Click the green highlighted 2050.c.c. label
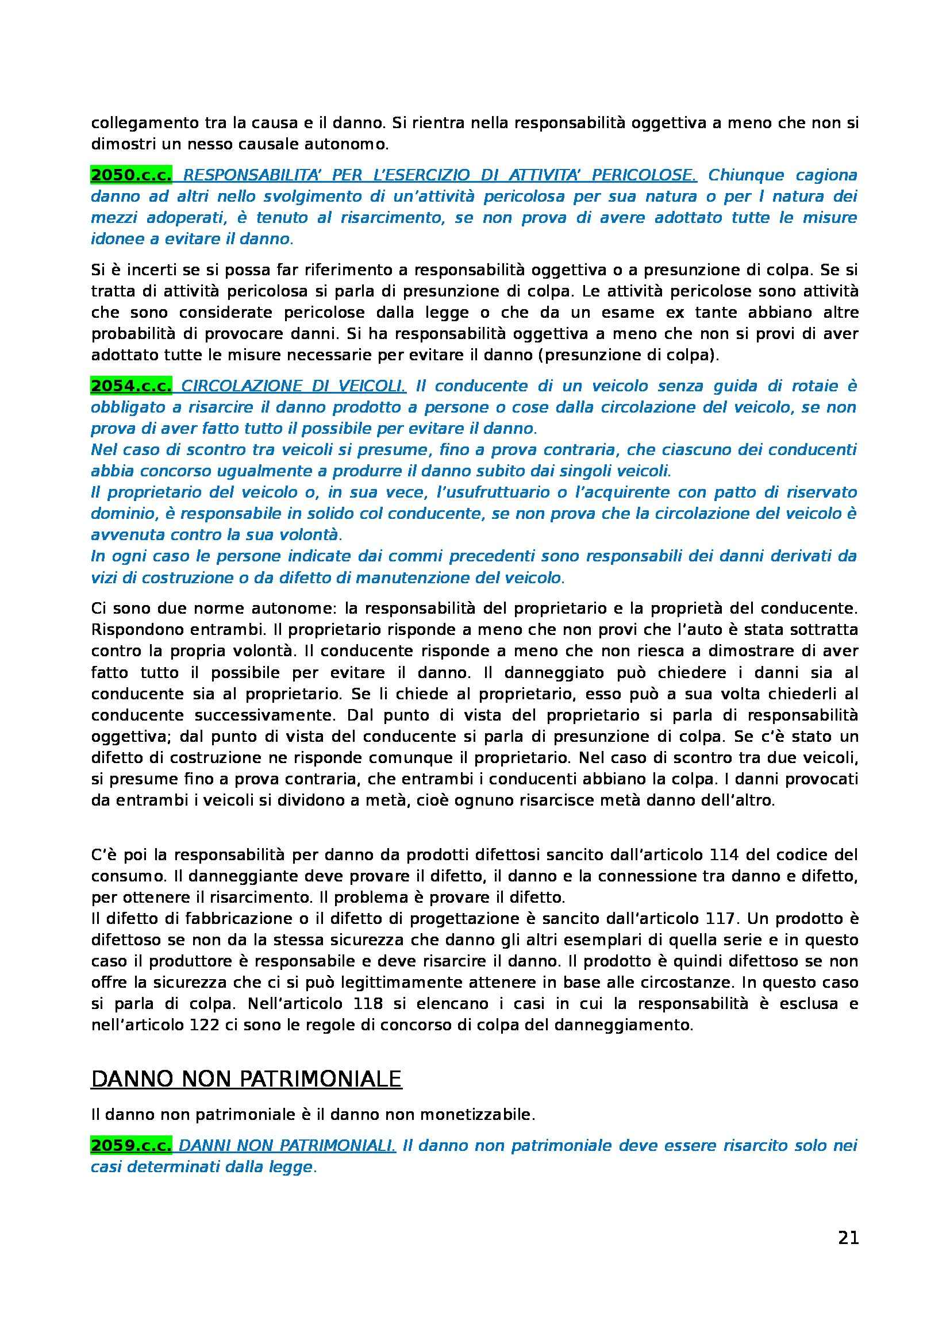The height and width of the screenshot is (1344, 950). [131, 175]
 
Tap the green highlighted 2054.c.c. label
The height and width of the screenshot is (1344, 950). [131, 386]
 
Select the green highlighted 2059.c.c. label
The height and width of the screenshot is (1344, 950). [131, 1146]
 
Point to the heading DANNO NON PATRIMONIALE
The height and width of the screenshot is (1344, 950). [247, 1079]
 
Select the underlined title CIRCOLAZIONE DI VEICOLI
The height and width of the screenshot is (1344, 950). [293, 386]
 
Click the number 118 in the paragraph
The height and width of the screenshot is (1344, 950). [368, 1003]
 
